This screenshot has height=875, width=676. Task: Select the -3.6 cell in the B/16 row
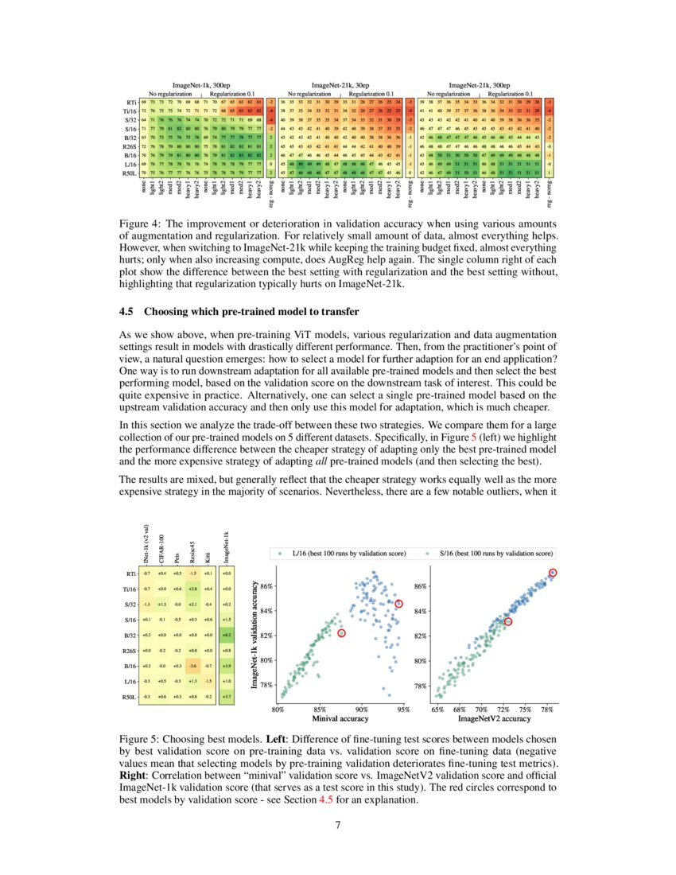[x=192, y=664]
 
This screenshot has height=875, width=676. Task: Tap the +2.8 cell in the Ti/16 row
[x=192, y=589]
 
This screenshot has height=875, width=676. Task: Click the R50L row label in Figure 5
[x=132, y=696]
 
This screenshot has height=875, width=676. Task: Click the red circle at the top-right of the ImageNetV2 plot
[x=554, y=573]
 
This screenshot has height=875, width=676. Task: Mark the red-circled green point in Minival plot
[x=342, y=633]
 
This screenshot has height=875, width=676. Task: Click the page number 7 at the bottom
[x=339, y=823]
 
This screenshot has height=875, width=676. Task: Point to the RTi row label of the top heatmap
[x=130, y=103]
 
